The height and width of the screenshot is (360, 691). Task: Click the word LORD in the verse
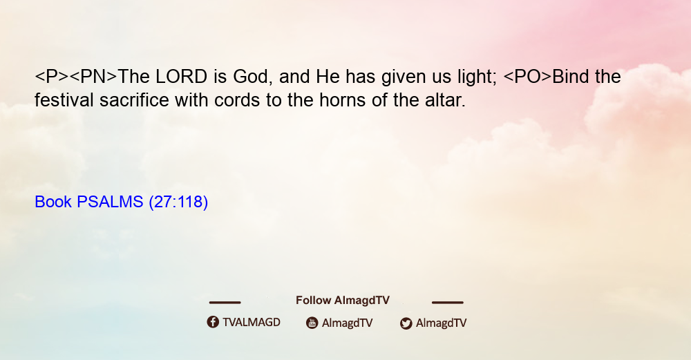click(x=181, y=77)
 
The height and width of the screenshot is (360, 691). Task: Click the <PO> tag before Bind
click(x=527, y=77)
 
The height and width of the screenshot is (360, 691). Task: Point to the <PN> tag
click(x=93, y=77)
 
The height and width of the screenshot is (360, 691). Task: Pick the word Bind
click(x=571, y=77)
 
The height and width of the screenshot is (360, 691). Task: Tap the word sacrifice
click(x=134, y=100)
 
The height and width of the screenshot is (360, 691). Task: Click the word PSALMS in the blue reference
click(x=110, y=202)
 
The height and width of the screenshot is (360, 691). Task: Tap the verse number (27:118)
click(x=178, y=202)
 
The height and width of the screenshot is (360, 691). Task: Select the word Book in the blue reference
click(x=53, y=202)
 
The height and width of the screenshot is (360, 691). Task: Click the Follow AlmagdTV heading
click(x=343, y=301)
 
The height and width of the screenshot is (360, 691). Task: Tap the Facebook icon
click(x=213, y=322)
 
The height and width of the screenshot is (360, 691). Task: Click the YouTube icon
click(x=312, y=323)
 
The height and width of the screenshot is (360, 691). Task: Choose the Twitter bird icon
click(x=406, y=323)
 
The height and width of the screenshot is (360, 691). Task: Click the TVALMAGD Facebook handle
click(x=252, y=322)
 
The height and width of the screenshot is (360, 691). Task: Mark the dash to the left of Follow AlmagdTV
click(x=225, y=302)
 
